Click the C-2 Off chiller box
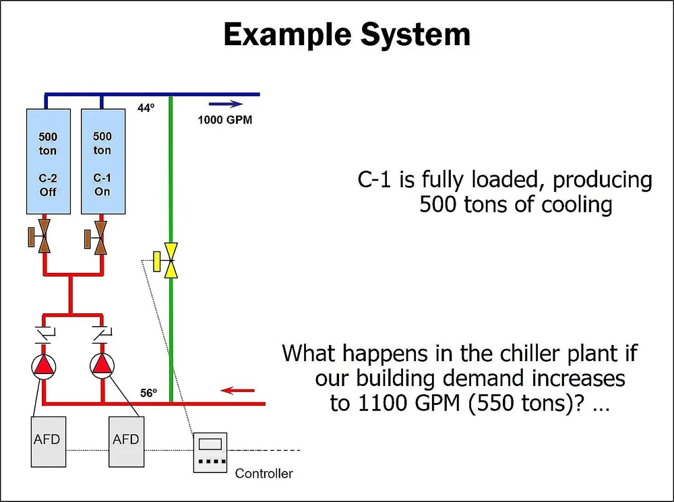(x=47, y=164)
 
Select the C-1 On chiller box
(x=102, y=164)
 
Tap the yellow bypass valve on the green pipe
(x=171, y=260)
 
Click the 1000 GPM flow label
(x=225, y=121)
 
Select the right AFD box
(x=126, y=440)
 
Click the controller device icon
(x=210, y=452)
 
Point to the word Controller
(x=264, y=474)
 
